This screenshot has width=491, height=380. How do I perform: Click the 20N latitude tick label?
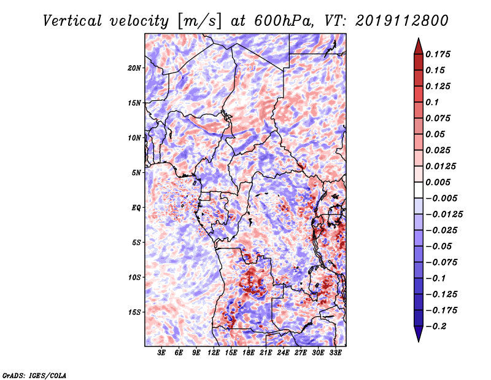[134, 68]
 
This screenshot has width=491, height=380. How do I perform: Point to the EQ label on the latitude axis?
[136, 208]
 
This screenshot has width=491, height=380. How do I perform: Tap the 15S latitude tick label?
[134, 312]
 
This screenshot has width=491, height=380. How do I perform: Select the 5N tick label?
[136, 173]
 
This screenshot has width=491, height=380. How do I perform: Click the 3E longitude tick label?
[161, 352]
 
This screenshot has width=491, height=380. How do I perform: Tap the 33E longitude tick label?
[335, 352]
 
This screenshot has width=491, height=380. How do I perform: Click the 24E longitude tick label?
[283, 352]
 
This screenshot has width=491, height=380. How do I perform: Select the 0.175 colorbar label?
[438, 54]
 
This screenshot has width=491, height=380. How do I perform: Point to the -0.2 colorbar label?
[436, 327]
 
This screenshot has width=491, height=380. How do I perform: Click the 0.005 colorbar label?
[438, 182]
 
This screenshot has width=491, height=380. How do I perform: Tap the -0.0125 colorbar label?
[444, 215]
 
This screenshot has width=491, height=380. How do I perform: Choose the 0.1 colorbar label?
[432, 102]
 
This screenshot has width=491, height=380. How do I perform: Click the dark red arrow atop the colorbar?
[419, 46]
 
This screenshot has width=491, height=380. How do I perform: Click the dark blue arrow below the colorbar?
[419, 334]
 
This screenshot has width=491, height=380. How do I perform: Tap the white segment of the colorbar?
[419, 190]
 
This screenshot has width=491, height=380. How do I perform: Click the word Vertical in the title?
[72, 21]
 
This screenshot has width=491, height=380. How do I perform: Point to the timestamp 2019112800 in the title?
[402, 21]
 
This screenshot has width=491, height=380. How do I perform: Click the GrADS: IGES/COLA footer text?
[34, 375]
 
